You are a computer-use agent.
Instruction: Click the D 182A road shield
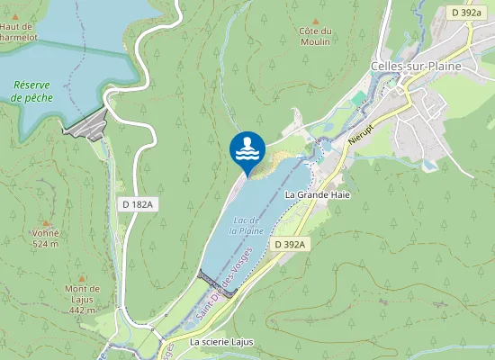tap(138, 205)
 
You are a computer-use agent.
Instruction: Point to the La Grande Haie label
tap(316, 193)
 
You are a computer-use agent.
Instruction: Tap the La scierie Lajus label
tap(221, 343)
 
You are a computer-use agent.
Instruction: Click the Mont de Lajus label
tap(82, 294)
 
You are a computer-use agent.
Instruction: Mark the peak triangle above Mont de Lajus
tap(82, 278)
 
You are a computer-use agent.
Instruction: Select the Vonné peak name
tap(45, 233)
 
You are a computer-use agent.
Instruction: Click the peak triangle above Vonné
tap(45, 220)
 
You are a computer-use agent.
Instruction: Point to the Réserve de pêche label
tap(31, 91)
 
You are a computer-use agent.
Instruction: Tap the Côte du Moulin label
tap(315, 36)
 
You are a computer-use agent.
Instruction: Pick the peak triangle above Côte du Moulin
tap(315, 20)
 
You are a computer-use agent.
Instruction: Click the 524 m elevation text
tap(45, 244)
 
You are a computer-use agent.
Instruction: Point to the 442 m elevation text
tap(82, 310)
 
